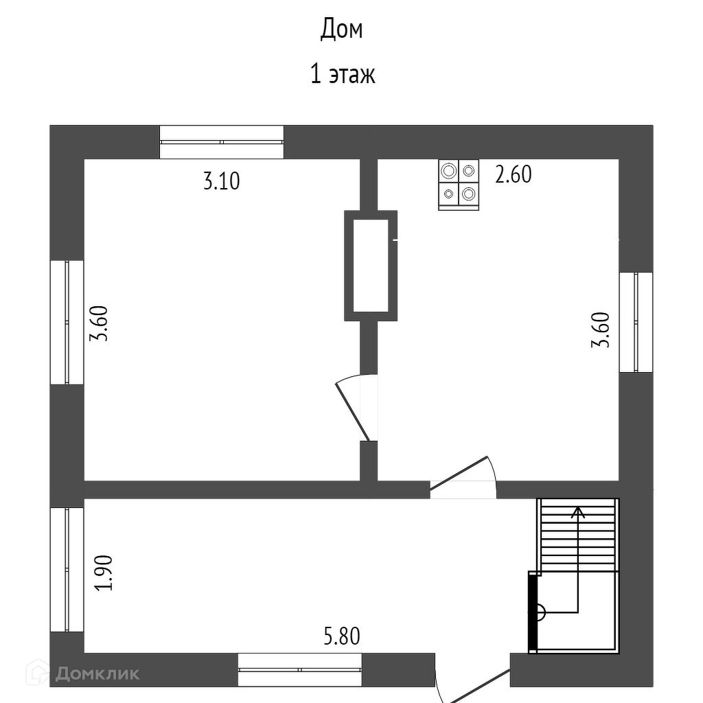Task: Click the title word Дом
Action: [x=341, y=30]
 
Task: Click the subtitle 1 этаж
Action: [x=343, y=73]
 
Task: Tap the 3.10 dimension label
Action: [x=222, y=182]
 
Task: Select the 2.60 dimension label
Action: [x=514, y=175]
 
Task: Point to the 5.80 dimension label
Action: [x=341, y=637]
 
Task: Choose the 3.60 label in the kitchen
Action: [x=601, y=330]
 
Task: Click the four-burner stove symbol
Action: [x=459, y=185]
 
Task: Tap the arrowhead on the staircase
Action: [x=579, y=511]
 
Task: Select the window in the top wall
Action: [x=222, y=142]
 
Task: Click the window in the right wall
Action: [x=636, y=322]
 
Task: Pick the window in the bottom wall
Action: [x=299, y=669]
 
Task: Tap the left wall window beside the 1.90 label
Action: [x=67, y=569]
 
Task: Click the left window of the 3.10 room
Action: [x=67, y=322]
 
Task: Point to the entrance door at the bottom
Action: [x=474, y=687]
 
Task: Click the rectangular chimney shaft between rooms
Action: [x=371, y=265]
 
